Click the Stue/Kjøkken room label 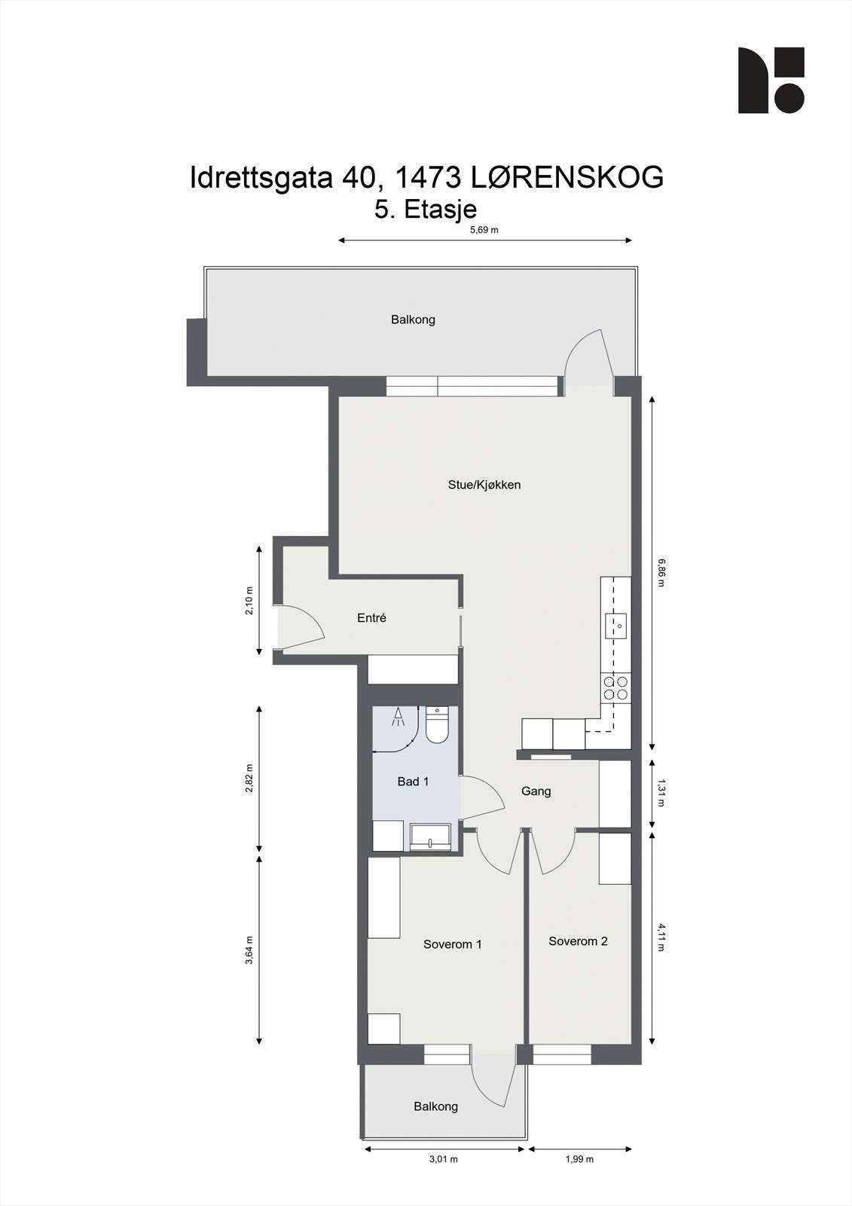(x=484, y=485)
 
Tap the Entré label (x=371, y=618)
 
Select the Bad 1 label (x=413, y=782)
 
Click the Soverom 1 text (x=452, y=944)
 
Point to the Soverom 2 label (x=578, y=941)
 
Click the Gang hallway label (x=536, y=791)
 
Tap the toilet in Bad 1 (x=437, y=725)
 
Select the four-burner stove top (x=615, y=687)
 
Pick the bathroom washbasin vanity (x=430, y=837)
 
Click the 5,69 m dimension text (x=484, y=231)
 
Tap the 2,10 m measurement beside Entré (x=249, y=601)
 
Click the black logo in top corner (x=771, y=81)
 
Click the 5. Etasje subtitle (x=426, y=209)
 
